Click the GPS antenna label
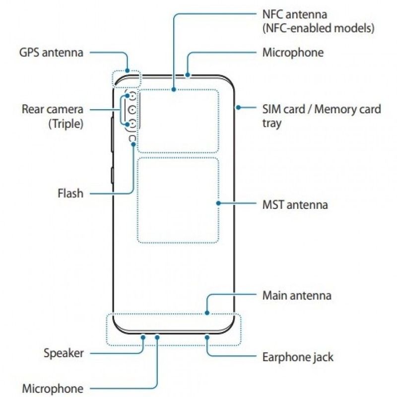(51, 52)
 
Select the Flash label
(69, 193)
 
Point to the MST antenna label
(295, 204)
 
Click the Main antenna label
(296, 296)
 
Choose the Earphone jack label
(297, 356)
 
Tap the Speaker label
(63, 353)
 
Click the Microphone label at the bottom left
(52, 388)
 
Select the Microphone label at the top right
(293, 52)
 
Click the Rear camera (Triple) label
(52, 116)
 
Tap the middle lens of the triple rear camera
(131, 109)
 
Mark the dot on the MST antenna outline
(218, 203)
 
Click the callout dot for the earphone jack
(207, 336)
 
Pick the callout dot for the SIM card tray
(238, 108)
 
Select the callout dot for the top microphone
(188, 75)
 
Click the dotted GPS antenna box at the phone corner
(127, 78)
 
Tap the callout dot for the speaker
(143, 336)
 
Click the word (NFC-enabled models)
(318, 28)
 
